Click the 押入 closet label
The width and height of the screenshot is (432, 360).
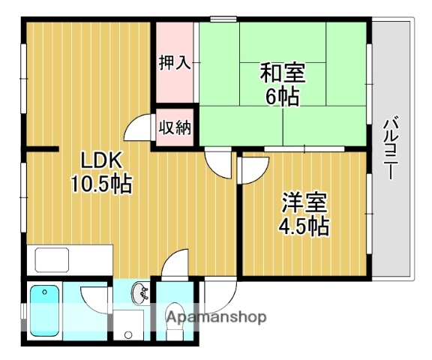point(174,62)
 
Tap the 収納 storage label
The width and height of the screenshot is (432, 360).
point(174,127)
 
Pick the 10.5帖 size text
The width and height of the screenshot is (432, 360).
point(101,183)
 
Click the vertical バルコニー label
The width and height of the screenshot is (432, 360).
point(389,149)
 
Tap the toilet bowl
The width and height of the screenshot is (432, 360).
point(175,314)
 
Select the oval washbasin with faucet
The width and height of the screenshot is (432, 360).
point(139,292)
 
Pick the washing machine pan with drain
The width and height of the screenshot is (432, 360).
point(128,324)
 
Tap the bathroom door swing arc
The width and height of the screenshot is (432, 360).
point(94,297)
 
